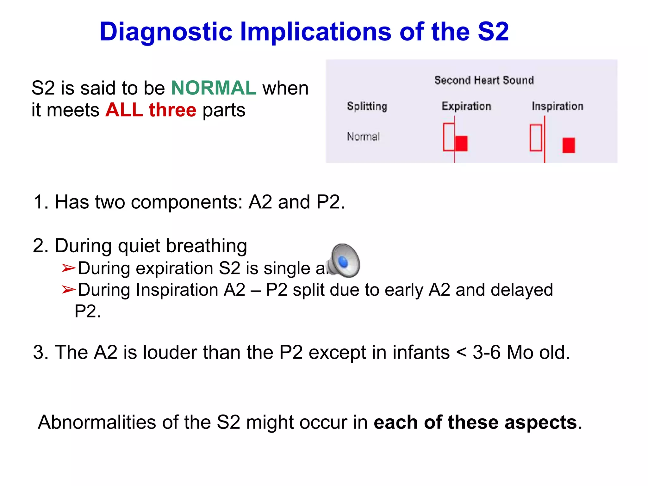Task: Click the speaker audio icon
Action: point(343,261)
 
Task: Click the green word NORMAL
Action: point(214,88)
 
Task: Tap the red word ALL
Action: point(124,110)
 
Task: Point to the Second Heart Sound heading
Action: point(484,80)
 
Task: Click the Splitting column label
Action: point(367,106)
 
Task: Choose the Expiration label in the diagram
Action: point(466,106)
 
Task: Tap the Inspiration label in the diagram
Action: point(557,106)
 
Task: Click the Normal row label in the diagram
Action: point(363,137)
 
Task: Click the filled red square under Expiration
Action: point(461,144)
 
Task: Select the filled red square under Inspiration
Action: point(568,145)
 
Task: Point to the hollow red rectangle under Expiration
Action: point(449,137)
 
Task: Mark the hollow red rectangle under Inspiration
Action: point(536,138)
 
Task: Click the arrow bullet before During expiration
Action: point(68,268)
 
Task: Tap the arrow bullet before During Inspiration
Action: point(68,290)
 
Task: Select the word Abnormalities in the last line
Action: point(97,422)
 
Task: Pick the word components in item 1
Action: point(186,202)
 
